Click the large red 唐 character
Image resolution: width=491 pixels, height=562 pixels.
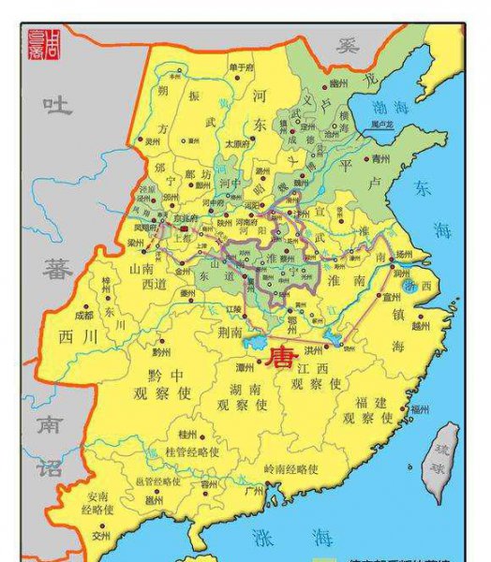280,358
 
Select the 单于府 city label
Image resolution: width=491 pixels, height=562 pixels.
241,67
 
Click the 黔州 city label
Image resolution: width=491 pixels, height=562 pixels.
162,351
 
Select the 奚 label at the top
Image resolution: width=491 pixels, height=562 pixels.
350,44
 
